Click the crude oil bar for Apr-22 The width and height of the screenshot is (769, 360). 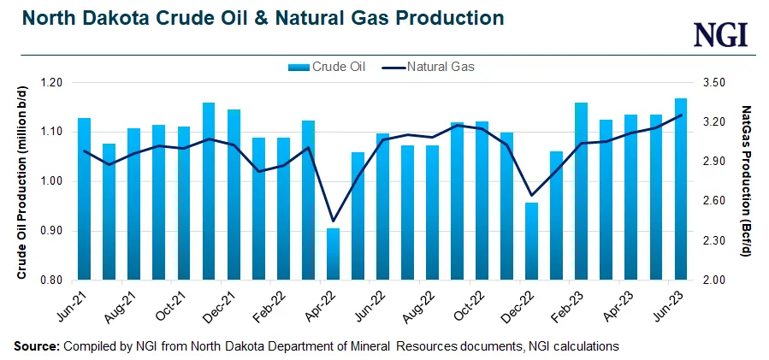[x=333, y=254]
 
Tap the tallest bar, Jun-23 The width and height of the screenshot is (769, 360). [x=680, y=189]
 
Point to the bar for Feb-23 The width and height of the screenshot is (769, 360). [x=581, y=191]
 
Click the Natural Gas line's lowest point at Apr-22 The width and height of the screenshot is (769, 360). [x=333, y=221]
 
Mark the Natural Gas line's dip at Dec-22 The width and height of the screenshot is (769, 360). [x=531, y=195]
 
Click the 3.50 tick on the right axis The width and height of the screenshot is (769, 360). [x=714, y=83]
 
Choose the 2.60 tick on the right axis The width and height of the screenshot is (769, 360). [x=714, y=201]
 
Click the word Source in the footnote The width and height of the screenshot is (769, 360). [x=36, y=345]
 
